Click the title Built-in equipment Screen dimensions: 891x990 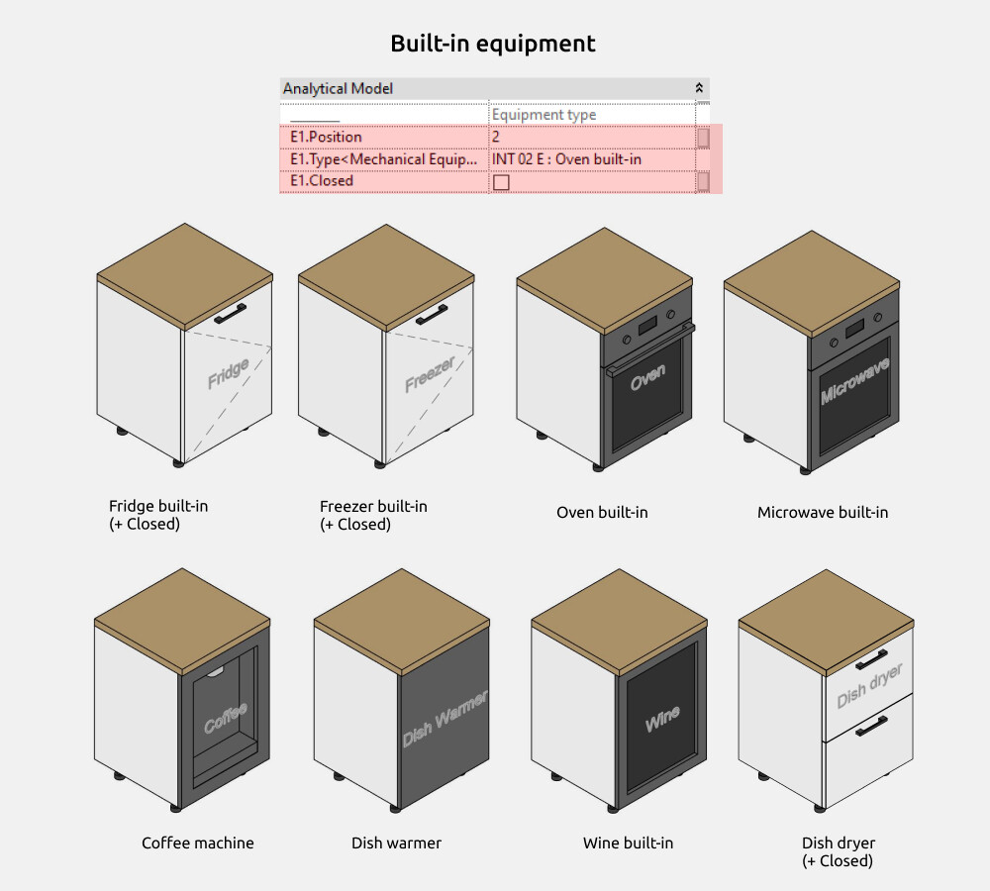(493, 44)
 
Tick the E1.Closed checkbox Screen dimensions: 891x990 (501, 182)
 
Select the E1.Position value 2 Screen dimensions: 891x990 (496, 137)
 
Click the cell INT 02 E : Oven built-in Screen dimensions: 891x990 (566, 159)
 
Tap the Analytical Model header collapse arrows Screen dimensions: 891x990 (700, 88)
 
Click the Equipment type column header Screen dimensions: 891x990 (544, 115)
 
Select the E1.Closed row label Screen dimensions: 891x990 (322, 181)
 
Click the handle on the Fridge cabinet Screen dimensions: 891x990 (231, 314)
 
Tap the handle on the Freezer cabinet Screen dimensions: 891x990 (432, 314)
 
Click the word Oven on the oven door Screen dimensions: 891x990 (647, 377)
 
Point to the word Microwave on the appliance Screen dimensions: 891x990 (854, 379)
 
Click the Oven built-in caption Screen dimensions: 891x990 (602, 513)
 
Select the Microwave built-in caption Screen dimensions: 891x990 (823, 513)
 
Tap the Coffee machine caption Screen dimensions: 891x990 (197, 843)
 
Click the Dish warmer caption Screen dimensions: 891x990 (396, 843)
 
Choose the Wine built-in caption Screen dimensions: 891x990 (628, 843)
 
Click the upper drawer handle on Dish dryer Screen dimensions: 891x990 (871, 659)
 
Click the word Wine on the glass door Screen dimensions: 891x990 (662, 720)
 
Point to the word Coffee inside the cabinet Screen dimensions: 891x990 (226, 719)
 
